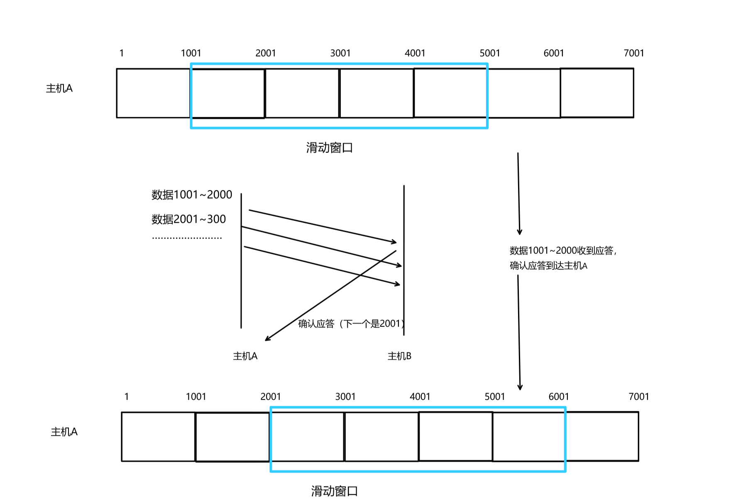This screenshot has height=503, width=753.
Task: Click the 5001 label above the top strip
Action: click(x=490, y=53)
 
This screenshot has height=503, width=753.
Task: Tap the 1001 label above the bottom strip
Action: click(x=196, y=397)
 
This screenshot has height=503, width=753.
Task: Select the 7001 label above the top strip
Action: click(x=634, y=53)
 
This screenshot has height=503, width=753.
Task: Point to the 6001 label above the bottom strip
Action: click(x=559, y=397)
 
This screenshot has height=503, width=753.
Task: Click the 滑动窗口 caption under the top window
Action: click(x=330, y=147)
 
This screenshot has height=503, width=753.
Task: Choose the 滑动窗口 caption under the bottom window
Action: click(x=335, y=491)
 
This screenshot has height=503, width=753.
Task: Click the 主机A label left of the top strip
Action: click(x=59, y=88)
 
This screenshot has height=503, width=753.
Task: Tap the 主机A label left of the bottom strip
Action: click(x=64, y=432)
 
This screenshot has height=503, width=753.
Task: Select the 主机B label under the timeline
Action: click(x=399, y=356)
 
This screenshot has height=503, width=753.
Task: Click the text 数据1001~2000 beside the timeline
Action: click(x=192, y=194)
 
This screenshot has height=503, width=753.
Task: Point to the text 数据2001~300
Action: click(x=188, y=219)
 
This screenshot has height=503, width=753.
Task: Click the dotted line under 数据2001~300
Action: click(x=187, y=238)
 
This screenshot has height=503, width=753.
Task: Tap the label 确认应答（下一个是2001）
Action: click(x=351, y=324)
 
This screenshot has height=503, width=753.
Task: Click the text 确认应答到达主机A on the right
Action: click(x=548, y=266)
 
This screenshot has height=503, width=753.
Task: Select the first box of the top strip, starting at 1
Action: click(x=153, y=93)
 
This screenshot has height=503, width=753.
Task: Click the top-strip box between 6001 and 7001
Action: click(x=597, y=93)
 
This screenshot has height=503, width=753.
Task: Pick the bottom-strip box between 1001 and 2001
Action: click(x=232, y=437)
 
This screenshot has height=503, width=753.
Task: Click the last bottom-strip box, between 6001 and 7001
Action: click(x=602, y=437)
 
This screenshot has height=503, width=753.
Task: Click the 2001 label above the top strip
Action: click(x=266, y=53)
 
